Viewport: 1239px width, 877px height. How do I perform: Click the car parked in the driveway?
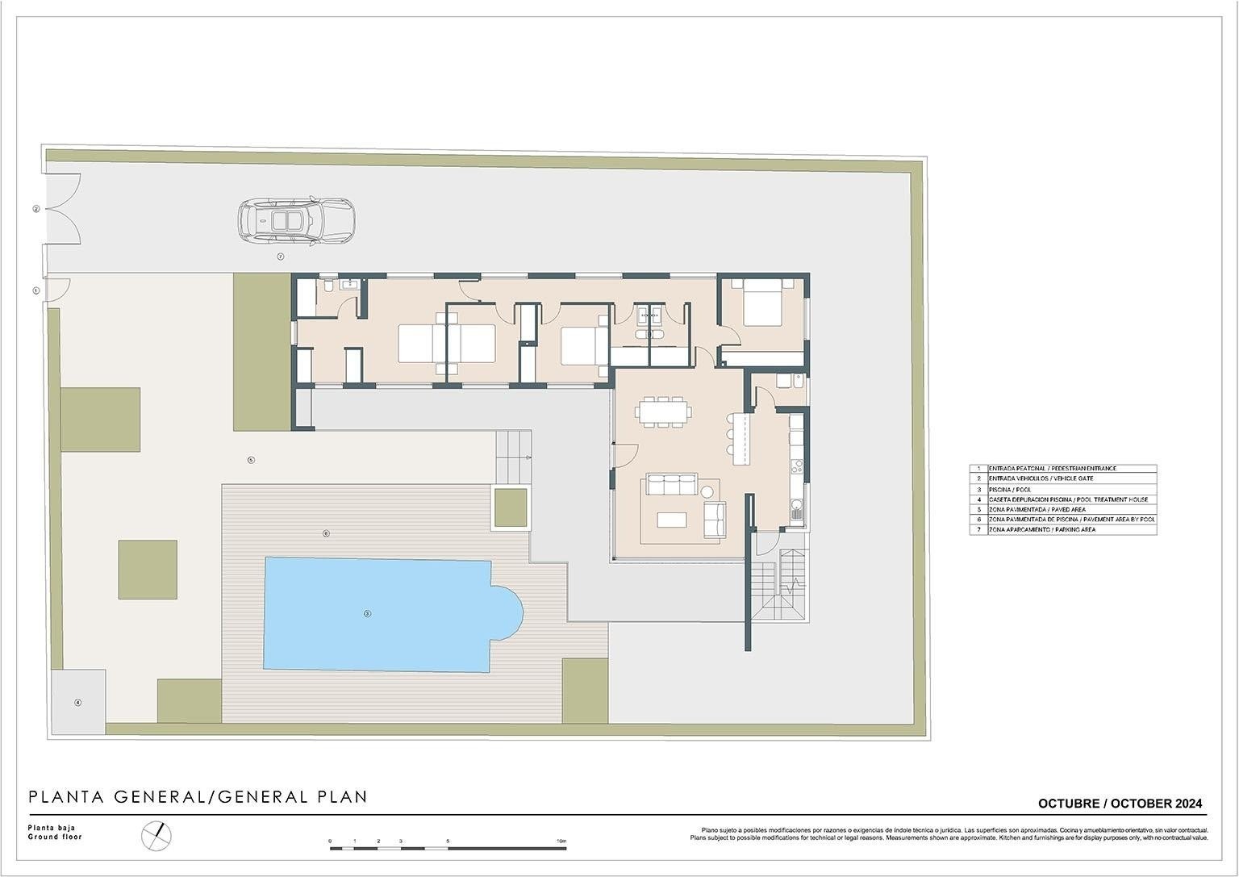click(296, 221)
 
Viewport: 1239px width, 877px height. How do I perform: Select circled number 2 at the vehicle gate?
click(36, 209)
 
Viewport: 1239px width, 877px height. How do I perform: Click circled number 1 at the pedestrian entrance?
click(36, 290)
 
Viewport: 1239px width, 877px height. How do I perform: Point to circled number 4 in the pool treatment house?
click(78, 703)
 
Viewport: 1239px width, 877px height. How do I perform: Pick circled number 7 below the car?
click(281, 257)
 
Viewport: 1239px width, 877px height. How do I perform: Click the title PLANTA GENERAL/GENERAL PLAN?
click(198, 797)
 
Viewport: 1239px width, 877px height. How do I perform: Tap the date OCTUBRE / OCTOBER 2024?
click(1120, 804)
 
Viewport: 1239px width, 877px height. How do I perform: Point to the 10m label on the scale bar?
click(561, 842)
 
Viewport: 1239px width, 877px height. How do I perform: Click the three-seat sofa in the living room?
click(669, 485)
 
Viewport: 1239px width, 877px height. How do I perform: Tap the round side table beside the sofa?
click(708, 491)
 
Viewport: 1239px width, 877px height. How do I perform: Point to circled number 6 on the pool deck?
click(326, 533)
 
